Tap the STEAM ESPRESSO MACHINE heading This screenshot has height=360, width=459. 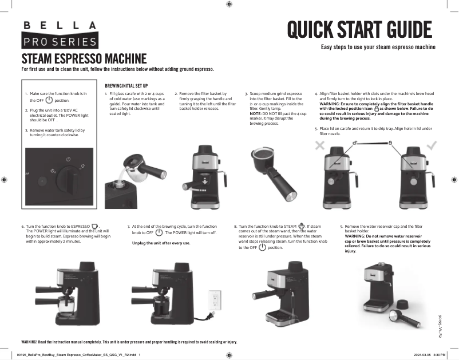[x=84, y=58]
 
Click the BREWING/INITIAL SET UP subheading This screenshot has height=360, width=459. [x=132, y=85]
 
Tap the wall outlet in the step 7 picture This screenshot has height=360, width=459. [x=215, y=300]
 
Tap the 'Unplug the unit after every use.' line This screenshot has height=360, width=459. [x=161, y=243]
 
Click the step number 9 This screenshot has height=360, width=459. [x=341, y=227]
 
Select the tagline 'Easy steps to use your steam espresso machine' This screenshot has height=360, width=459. [x=378, y=47]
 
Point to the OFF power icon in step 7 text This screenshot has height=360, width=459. [x=160, y=233]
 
